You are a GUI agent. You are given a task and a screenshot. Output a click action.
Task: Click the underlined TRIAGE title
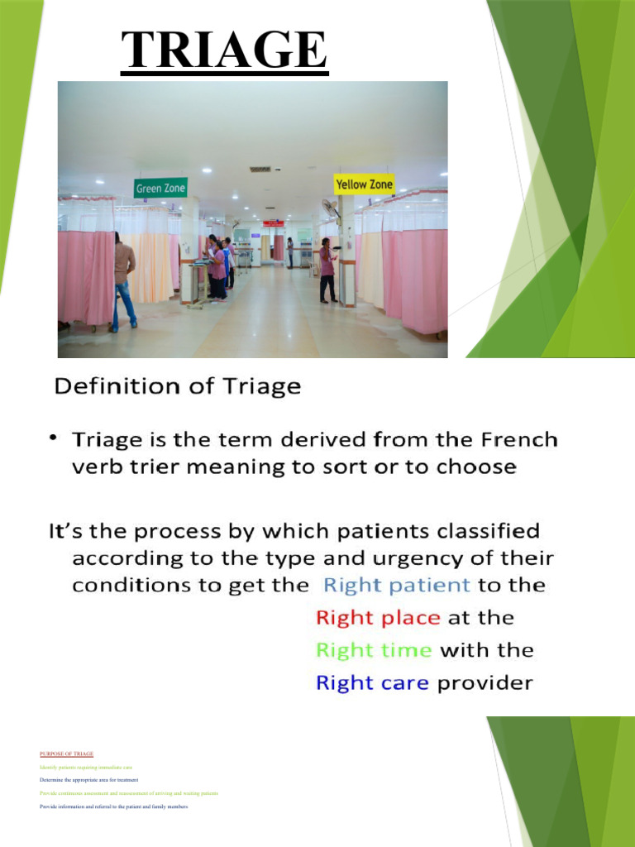tap(224, 50)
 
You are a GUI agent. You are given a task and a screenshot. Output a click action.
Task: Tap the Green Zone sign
tap(160, 188)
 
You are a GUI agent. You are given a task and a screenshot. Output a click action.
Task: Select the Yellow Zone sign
tap(364, 184)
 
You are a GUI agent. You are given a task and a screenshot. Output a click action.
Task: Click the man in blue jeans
tap(124, 281)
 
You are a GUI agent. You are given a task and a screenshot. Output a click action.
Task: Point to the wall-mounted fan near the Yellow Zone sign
tap(331, 208)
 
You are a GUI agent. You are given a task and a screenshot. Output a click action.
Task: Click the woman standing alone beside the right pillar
tap(327, 270)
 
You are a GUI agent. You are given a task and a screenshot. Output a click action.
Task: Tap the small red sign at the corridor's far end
tap(273, 223)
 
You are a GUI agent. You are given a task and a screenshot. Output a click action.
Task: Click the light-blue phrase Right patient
tap(396, 586)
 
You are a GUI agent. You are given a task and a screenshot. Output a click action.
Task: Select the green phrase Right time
tap(374, 650)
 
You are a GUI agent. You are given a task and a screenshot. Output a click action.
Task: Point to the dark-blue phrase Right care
tap(372, 683)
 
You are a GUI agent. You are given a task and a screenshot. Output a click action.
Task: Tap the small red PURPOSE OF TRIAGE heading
tap(66, 754)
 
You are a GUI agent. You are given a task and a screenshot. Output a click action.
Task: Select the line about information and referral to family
tap(114, 806)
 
